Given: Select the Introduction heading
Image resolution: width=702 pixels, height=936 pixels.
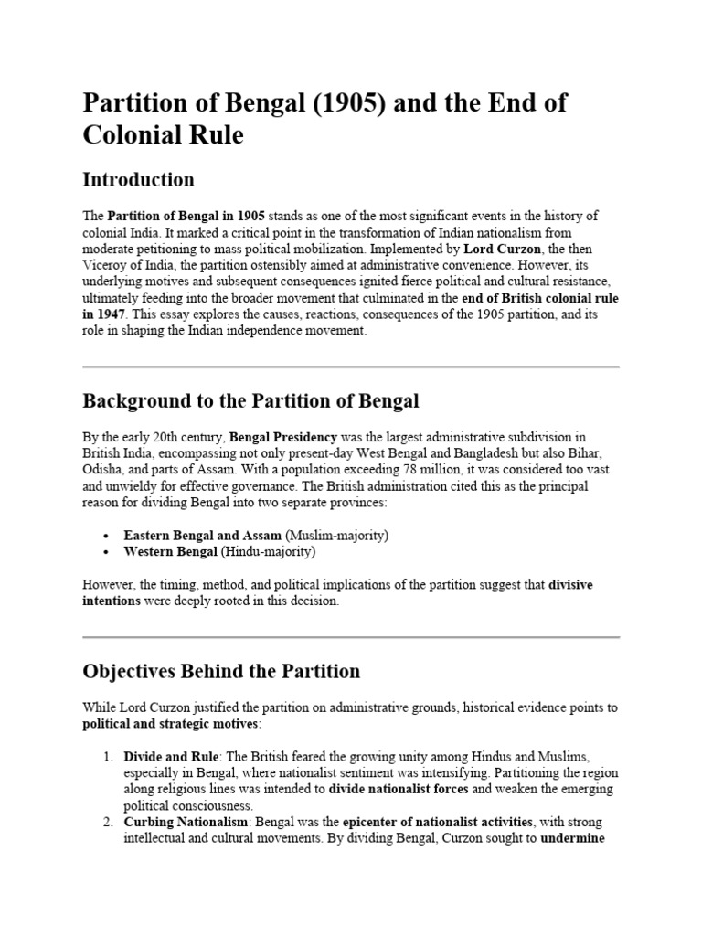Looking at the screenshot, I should click(138, 178).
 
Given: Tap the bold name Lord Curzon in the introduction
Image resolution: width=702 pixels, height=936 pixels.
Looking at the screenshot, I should click(497, 248).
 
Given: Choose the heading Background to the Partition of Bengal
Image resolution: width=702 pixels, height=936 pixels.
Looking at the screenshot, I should click(250, 400).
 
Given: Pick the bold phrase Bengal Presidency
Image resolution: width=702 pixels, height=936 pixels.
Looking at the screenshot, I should click(283, 437).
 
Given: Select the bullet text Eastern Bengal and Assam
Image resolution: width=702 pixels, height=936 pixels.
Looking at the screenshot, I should click(203, 535).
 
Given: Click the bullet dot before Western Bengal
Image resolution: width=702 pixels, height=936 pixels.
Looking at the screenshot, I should click(107, 552).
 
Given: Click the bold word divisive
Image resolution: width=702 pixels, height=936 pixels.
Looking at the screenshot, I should click(570, 584).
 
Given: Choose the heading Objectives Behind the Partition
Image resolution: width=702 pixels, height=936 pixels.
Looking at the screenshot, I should click(221, 671).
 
